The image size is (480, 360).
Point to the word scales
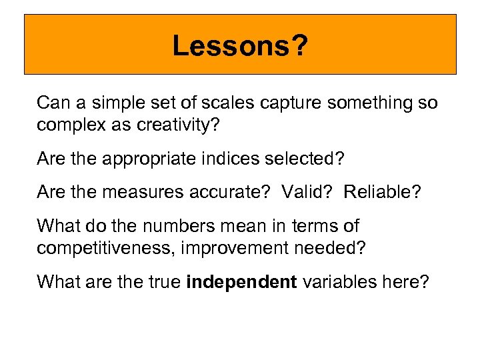click(x=218, y=103)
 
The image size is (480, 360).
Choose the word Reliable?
click(x=382, y=193)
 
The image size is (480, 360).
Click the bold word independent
click(x=241, y=282)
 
